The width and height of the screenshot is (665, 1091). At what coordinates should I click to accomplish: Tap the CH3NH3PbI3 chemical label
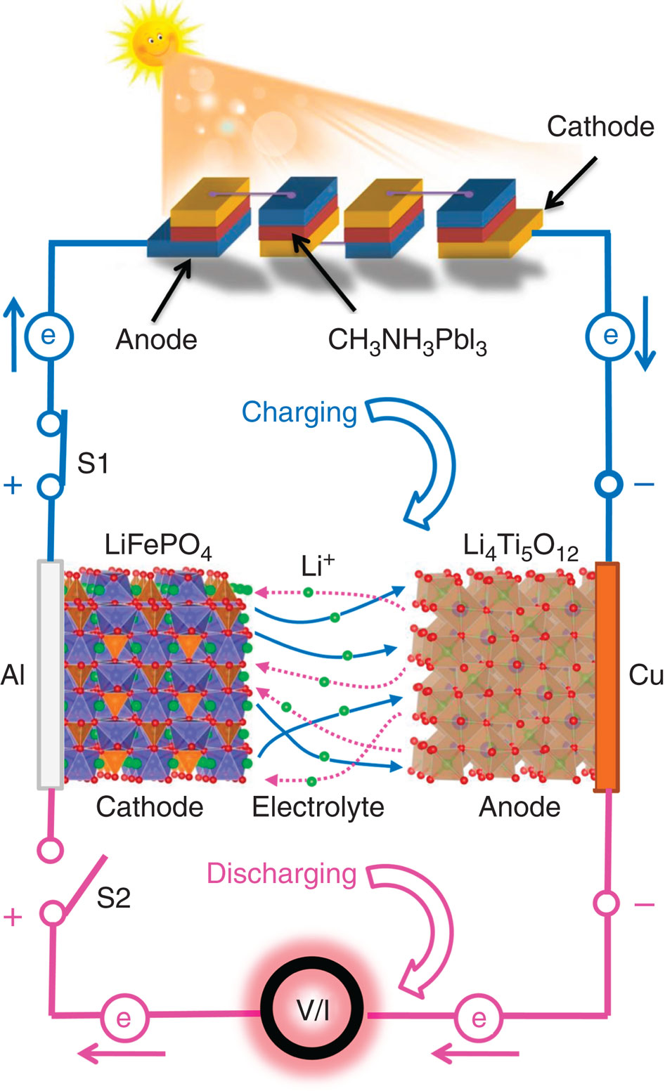pos(407,341)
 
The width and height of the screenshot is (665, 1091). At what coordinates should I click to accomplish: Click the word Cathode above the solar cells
pos(600,126)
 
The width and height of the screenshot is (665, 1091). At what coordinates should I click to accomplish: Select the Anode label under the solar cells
pos(156,340)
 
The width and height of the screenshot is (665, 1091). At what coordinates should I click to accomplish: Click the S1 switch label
pos(93,464)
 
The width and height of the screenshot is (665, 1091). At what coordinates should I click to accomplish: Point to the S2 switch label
pos(113,899)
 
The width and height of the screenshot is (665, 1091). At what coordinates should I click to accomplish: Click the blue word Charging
pos(299,412)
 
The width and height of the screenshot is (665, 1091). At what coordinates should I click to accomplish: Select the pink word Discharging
pos(281,874)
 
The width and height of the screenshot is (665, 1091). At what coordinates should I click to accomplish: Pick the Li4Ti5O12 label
pos(521,547)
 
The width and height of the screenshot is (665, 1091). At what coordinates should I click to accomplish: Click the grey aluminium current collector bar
pos(50,674)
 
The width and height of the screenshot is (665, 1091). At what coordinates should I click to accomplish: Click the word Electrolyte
pos(318,807)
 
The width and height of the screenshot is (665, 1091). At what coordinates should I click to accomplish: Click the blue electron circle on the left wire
pos(49,336)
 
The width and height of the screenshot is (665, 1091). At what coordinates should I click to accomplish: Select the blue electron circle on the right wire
pos(609,335)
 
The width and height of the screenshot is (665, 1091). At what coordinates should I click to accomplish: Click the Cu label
pos(645,674)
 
